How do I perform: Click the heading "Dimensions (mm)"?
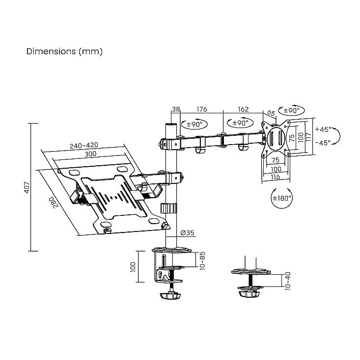coord(64,51)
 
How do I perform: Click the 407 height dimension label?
coord(27,187)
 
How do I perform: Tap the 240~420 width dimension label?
coord(84,145)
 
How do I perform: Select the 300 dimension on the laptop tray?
coord(90,154)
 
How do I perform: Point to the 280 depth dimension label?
coord(53,202)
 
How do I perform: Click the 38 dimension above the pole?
coord(176,109)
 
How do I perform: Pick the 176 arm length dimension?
coord(201,109)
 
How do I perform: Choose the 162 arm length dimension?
coord(243,109)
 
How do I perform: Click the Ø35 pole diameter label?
coord(188,233)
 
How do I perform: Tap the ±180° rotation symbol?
coord(282,198)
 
